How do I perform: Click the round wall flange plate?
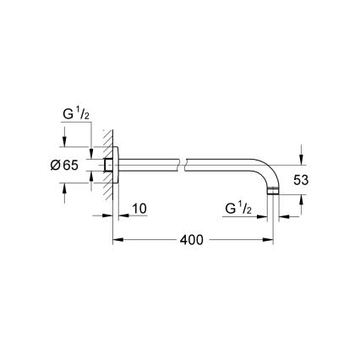tap(119, 166)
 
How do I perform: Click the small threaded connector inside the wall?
tap(108, 166)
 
